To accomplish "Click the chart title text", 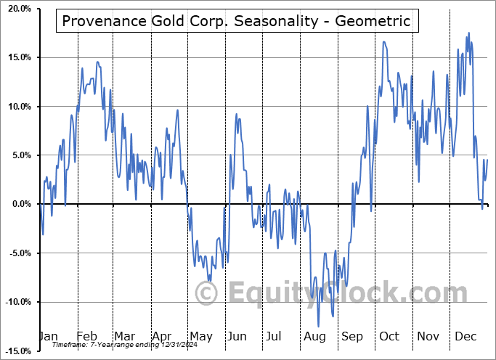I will click(237, 21).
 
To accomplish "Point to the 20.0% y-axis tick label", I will click(16, 9).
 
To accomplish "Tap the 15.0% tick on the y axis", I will click(16, 57).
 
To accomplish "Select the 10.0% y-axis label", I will click(16, 107).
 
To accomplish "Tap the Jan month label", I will click(47, 337).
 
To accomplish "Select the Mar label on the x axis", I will click(124, 337).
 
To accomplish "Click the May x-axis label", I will click(200, 337).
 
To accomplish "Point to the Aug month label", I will click(314, 337).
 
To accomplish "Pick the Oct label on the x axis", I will click(389, 337).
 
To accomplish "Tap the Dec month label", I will click(465, 337).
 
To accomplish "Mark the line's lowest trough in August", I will click(318, 327).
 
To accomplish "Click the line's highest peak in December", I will click(468, 33).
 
